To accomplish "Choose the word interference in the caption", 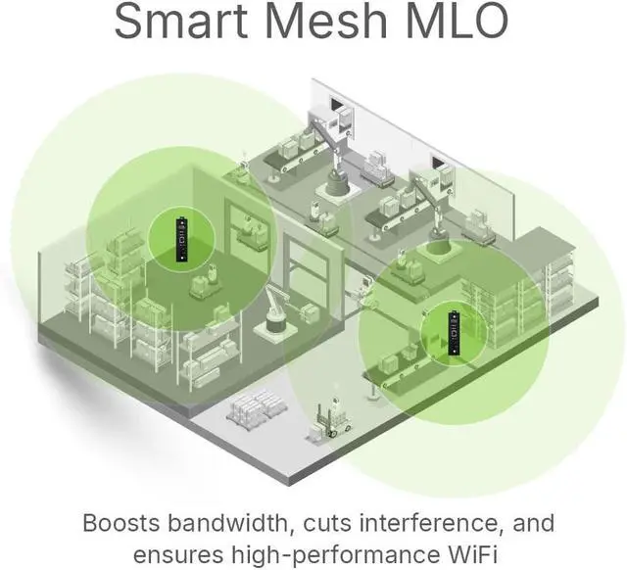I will pos(415,521).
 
